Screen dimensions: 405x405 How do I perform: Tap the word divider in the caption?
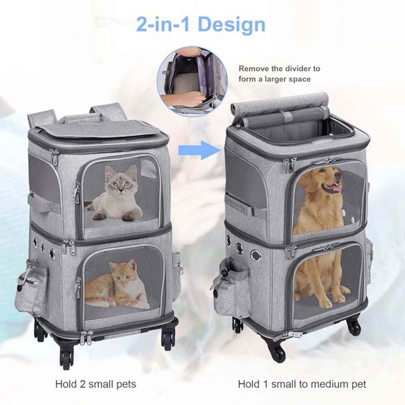coord(303,69)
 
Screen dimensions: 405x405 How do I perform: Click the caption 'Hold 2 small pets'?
coord(96,384)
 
